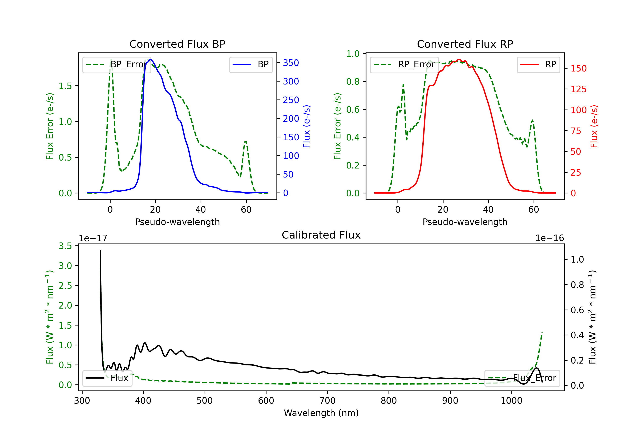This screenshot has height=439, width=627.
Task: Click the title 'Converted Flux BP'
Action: tap(177, 44)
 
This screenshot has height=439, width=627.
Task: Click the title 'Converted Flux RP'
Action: tap(465, 44)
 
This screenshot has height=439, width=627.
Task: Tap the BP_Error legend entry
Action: tap(117, 64)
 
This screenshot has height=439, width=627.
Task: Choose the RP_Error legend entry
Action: tap(404, 64)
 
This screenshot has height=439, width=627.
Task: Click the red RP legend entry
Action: tap(538, 64)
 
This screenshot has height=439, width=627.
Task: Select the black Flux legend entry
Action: tap(107, 378)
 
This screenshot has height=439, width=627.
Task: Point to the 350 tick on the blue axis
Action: tap(291, 63)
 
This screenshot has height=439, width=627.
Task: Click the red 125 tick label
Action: tap(578, 89)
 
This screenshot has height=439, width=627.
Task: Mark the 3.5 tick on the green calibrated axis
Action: tap(65, 246)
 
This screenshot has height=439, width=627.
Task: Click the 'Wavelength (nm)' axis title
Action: tap(321, 413)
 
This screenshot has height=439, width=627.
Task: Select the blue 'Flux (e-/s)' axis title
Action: tap(307, 126)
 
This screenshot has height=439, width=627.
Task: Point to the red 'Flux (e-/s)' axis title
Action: tap(594, 126)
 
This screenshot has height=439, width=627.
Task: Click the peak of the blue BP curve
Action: tap(150, 59)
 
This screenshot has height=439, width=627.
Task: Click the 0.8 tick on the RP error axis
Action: tap(353, 81)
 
